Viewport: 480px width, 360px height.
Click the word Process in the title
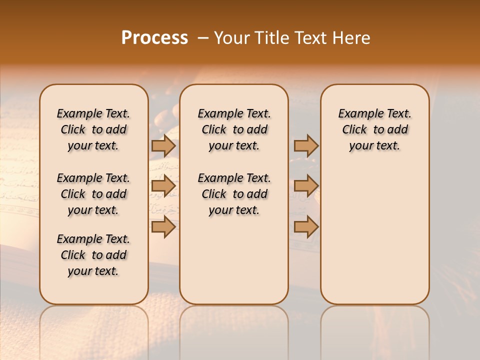(154, 38)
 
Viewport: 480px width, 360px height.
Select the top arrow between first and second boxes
(163, 146)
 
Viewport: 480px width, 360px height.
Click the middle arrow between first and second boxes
(163, 186)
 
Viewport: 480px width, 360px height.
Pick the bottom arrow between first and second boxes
(163, 227)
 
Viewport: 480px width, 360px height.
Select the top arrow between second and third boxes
(306, 146)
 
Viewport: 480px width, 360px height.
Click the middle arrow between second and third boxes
(306, 186)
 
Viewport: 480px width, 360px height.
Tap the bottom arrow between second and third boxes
(306, 227)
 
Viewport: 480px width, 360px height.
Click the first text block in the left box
(93, 129)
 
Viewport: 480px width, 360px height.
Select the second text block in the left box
(93, 194)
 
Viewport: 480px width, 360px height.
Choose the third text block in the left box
(93, 255)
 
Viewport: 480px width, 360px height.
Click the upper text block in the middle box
(234, 129)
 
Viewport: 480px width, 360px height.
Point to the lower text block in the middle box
(234, 194)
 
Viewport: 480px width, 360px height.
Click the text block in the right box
(374, 129)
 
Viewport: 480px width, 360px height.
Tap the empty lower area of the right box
(374, 235)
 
